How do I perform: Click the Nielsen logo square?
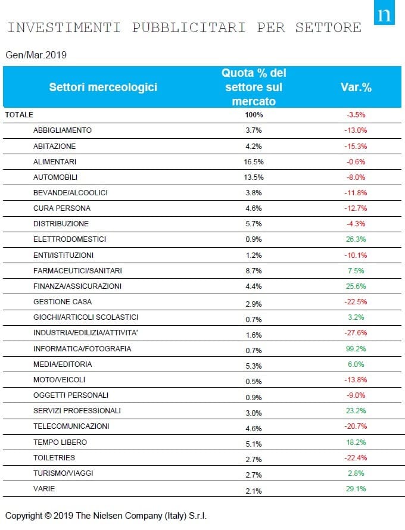click(x=384, y=13)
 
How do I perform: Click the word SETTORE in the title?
click(x=328, y=28)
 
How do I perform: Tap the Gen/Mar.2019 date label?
click(x=36, y=55)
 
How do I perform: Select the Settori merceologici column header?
click(x=103, y=87)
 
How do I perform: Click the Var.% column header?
click(x=356, y=87)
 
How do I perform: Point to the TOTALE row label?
click(x=19, y=114)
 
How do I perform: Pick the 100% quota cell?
click(x=254, y=115)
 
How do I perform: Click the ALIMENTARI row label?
click(x=55, y=162)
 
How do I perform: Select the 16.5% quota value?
click(x=254, y=162)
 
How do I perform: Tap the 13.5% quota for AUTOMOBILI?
click(x=254, y=177)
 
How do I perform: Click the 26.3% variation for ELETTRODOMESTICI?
click(x=356, y=239)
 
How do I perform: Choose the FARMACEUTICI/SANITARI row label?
click(x=77, y=271)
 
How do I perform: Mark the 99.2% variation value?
click(x=356, y=349)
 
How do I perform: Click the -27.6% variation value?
click(x=356, y=333)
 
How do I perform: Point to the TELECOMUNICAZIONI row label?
click(x=71, y=426)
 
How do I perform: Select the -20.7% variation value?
click(x=356, y=426)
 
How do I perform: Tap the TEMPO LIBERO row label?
click(x=60, y=442)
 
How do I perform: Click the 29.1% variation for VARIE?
click(x=356, y=489)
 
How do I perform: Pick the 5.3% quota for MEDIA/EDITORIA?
click(x=254, y=366)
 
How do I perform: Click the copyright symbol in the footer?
click(x=48, y=516)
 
